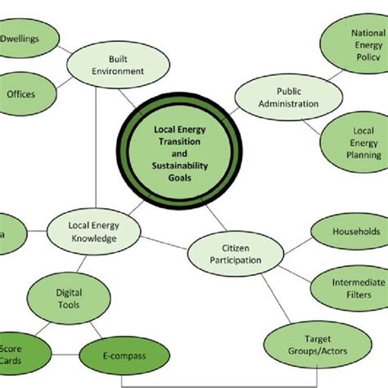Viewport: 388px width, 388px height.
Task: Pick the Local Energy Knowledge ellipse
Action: pyautogui.click(x=92, y=231)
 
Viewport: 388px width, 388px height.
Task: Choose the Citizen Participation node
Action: pyautogui.click(x=230, y=254)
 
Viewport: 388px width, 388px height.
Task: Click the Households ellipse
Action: pyautogui.click(x=349, y=232)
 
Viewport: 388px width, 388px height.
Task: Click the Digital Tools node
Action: pyautogui.click(x=68, y=297)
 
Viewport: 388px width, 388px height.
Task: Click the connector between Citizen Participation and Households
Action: pyautogui.click(x=289, y=243)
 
